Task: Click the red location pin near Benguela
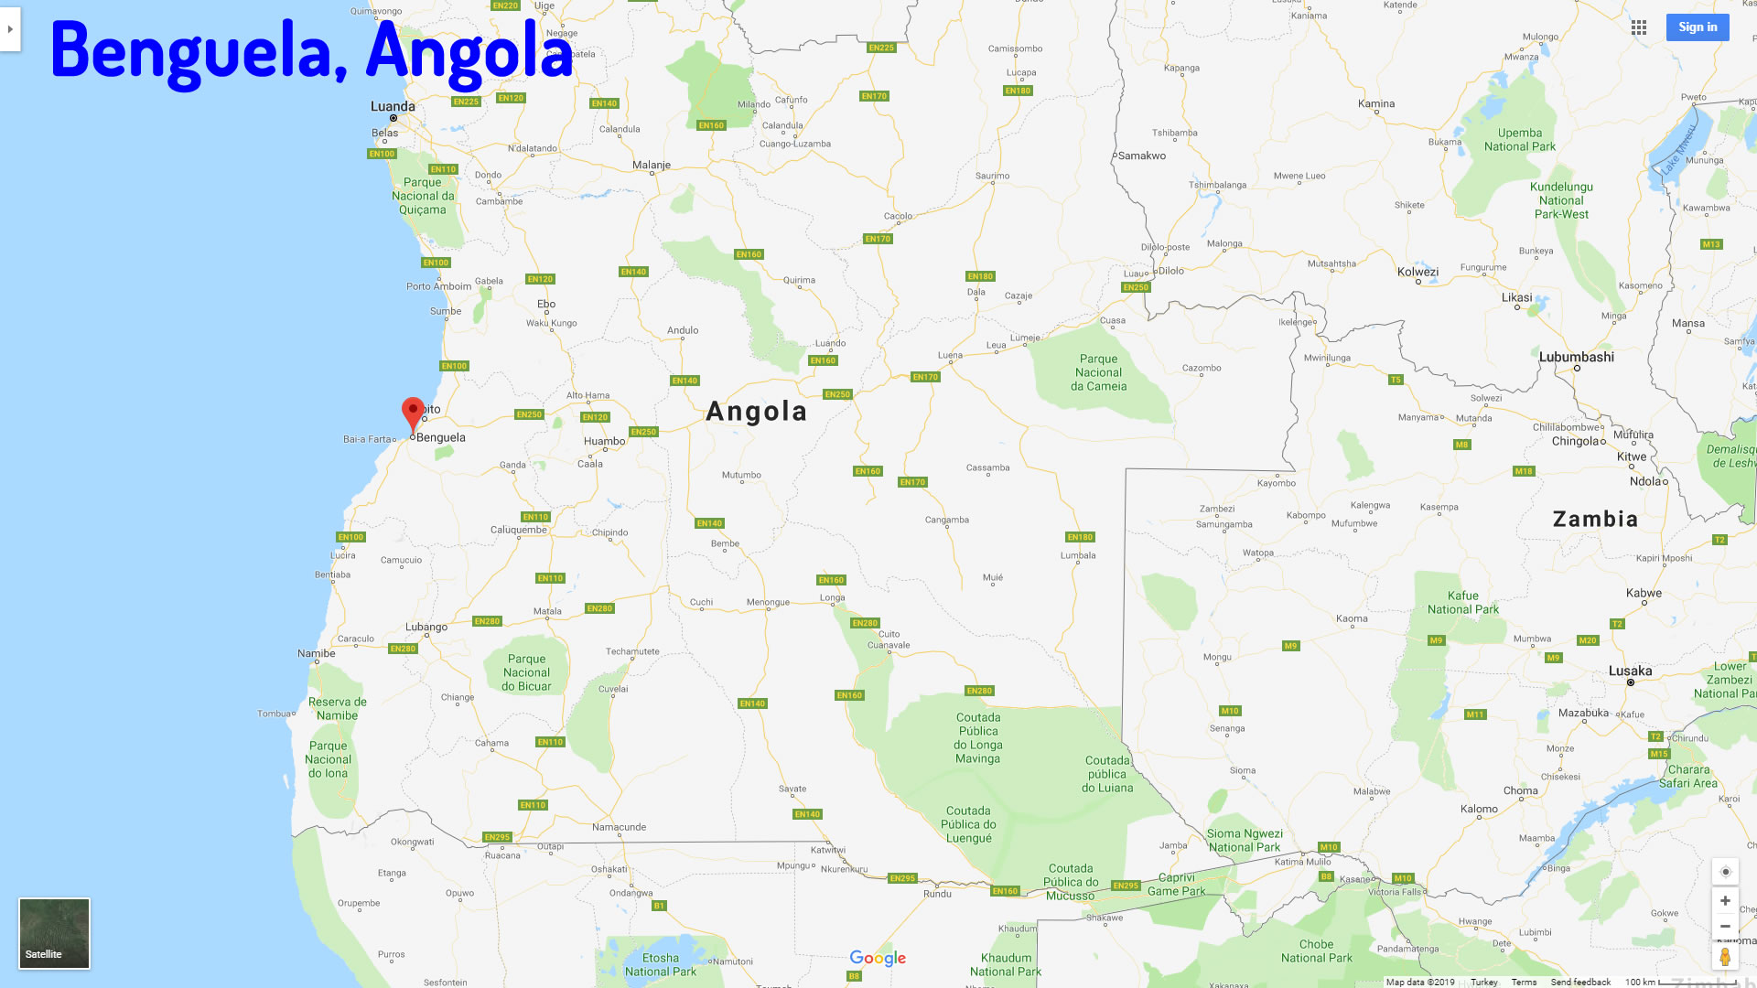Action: [413, 413]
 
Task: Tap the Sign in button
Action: [1697, 27]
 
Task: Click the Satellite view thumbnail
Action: [54, 932]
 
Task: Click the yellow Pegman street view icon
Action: [1724, 957]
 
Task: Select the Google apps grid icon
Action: [1638, 27]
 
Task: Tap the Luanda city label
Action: [393, 106]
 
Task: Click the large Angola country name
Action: [756, 412]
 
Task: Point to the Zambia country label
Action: [1595, 519]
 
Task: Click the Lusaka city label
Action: [1630, 671]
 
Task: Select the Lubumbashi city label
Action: [1576, 357]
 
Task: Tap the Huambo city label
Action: [604, 441]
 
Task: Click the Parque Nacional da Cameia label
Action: [1098, 372]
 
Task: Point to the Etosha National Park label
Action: [660, 964]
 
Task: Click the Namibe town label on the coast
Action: [316, 653]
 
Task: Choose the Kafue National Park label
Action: [1462, 602]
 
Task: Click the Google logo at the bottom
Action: [877, 958]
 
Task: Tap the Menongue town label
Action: [767, 602]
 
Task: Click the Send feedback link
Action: [1579, 982]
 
